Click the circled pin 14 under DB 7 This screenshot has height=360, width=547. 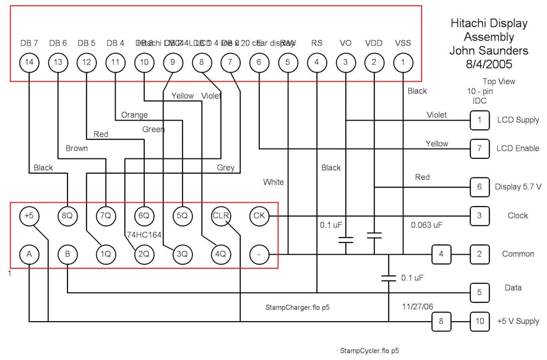click(29, 62)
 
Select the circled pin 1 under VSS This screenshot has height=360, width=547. click(403, 62)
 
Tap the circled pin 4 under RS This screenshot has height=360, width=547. click(317, 62)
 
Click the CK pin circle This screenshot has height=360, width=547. click(259, 216)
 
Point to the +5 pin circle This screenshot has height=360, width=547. click(28, 216)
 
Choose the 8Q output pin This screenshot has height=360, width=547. click(67, 216)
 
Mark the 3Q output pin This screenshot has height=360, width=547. click(182, 254)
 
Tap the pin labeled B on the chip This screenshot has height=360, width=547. click(67, 254)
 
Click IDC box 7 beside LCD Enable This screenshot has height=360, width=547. click(479, 148)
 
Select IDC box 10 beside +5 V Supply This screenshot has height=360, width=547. click(479, 321)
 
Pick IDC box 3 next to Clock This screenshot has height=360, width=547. click(479, 216)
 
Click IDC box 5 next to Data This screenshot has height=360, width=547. click(479, 292)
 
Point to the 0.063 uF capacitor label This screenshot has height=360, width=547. click(427, 225)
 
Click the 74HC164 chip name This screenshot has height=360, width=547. click(144, 235)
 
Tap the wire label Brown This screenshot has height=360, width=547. click(77, 148)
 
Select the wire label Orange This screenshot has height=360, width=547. click(134, 115)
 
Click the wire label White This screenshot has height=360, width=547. click(273, 182)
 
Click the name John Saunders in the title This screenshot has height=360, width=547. click(488, 50)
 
